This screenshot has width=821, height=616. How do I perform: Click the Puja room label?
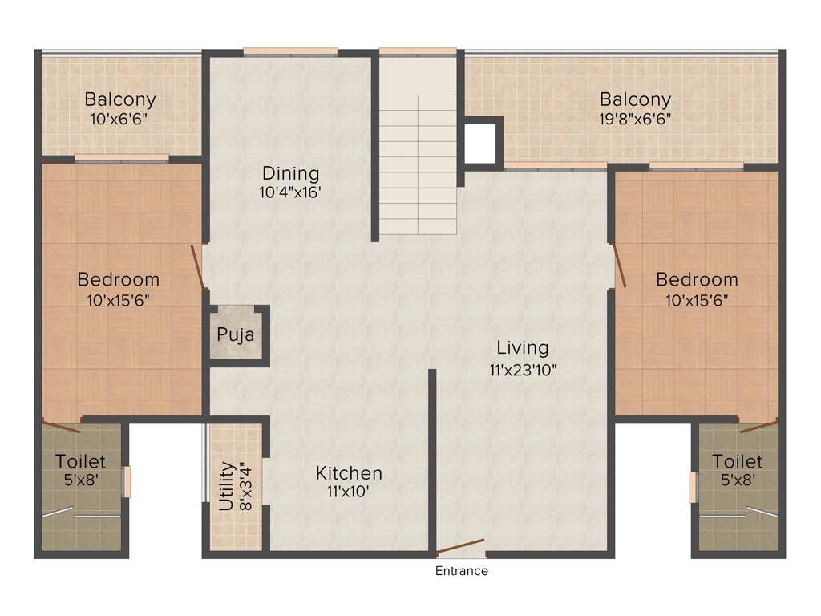[236, 334]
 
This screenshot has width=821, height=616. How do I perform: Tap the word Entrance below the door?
[461, 571]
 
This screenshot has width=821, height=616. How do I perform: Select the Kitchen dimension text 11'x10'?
[348, 492]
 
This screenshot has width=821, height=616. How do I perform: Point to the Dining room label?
[290, 173]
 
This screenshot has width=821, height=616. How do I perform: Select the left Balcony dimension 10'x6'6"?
[120, 118]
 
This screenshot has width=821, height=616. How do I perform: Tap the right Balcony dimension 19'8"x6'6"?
[635, 118]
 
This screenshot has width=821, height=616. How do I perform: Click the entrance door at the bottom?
[461, 549]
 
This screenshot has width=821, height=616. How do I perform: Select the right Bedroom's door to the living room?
[619, 265]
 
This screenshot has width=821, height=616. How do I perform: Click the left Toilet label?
[80, 462]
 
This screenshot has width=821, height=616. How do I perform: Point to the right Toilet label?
[737, 462]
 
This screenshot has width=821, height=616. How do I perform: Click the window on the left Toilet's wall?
[127, 482]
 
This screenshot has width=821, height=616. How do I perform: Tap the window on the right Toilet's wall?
[693, 487]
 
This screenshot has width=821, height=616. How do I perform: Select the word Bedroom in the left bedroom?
[118, 280]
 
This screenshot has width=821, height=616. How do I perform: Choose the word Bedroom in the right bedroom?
[697, 280]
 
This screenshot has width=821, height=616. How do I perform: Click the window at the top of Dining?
[289, 52]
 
